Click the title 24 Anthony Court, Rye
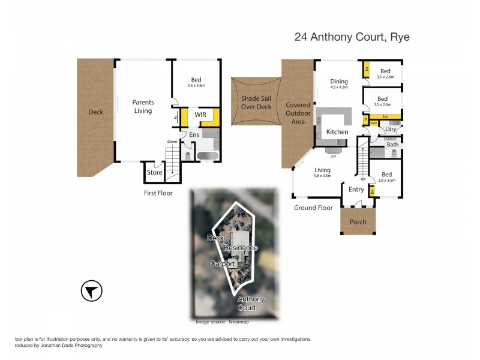(352, 37)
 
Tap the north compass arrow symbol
(91, 292)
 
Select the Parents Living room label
(143, 107)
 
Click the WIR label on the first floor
(200, 114)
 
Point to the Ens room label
(194, 135)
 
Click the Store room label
(154, 173)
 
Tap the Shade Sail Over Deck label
(256, 103)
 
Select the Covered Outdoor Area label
(298, 113)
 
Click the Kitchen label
(337, 131)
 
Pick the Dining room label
(338, 82)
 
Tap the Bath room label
(392, 145)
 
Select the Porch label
(358, 222)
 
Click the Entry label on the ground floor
(356, 190)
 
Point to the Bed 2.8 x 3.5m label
(387, 176)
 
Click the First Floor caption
(158, 193)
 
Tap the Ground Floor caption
(313, 208)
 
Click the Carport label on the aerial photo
(223, 263)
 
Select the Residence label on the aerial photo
(241, 248)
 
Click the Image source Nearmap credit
(222, 322)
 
